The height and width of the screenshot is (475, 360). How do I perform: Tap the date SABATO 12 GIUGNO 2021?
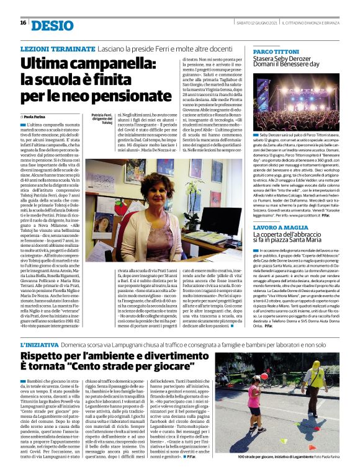[255, 23]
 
